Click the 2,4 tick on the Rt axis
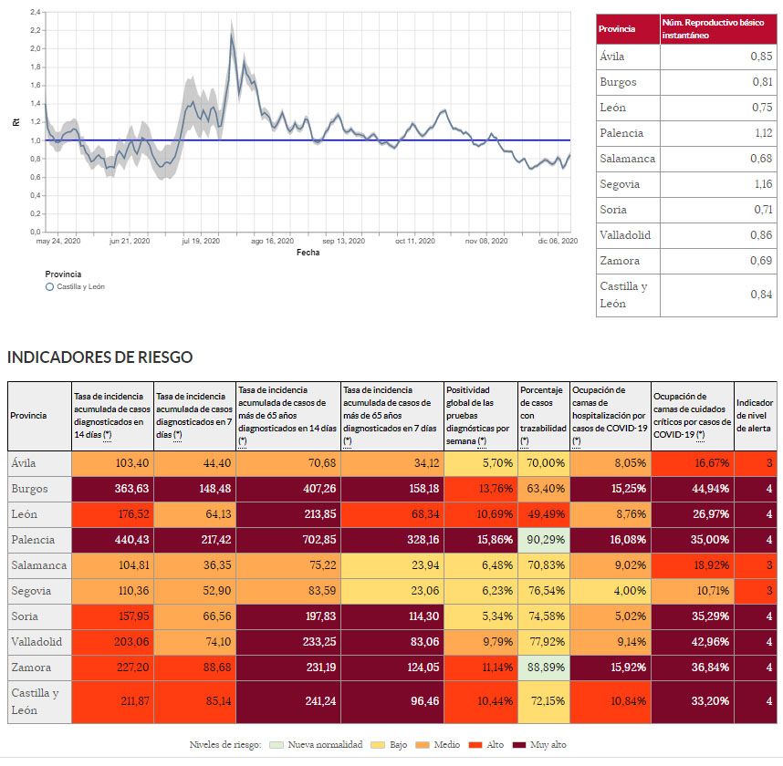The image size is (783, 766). click(x=35, y=12)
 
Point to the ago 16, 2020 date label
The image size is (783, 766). click(x=272, y=242)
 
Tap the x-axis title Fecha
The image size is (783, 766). click(x=308, y=252)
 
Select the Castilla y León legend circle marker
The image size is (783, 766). click(x=49, y=286)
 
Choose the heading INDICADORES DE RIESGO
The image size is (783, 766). click(x=99, y=357)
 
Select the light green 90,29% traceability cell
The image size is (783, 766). click(x=544, y=539)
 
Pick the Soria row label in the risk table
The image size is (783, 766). click(x=26, y=616)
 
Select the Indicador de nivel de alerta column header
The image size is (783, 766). click(x=756, y=415)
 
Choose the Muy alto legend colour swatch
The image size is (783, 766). click(x=521, y=745)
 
